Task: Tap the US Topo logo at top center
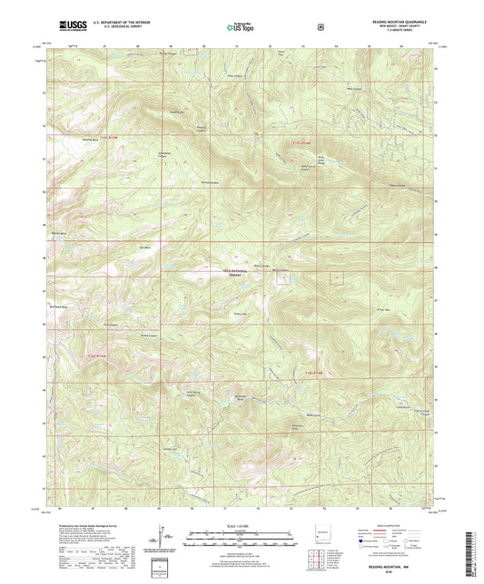pyautogui.click(x=242, y=27)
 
